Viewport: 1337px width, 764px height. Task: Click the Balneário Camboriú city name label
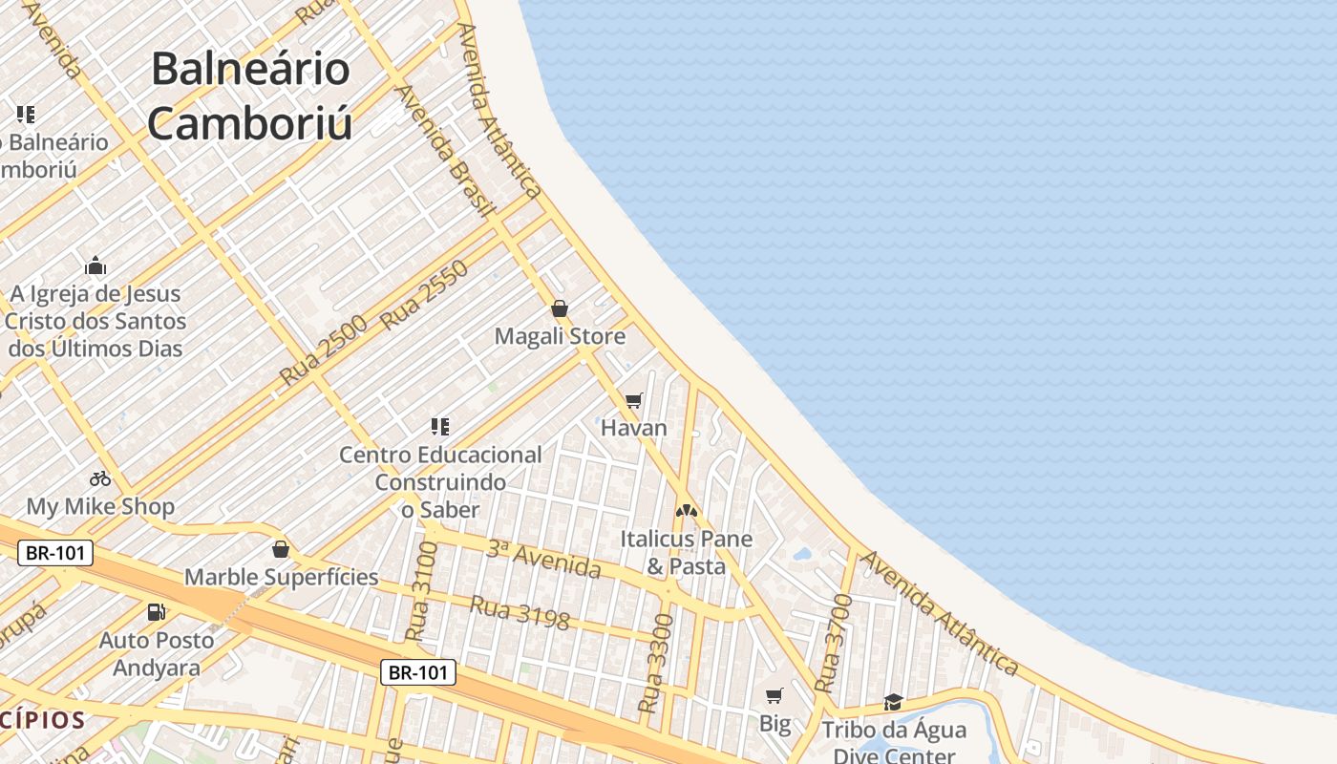[250, 96]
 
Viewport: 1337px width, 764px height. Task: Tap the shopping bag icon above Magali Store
[560, 308]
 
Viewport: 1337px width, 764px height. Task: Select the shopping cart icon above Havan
[634, 400]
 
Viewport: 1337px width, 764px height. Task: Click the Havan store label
[634, 428]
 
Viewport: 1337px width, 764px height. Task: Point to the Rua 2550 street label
[425, 295]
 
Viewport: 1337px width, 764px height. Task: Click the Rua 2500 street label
[324, 351]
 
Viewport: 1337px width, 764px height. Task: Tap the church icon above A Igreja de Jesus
[95, 265]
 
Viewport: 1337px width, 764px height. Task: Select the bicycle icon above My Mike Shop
[100, 478]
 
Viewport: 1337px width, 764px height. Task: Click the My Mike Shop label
[100, 506]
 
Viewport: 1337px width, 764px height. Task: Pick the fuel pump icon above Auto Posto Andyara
[156, 611]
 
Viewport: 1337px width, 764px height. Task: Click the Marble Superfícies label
[282, 577]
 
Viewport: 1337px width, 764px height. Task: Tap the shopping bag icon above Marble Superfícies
[281, 549]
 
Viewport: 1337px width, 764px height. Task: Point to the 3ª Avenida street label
[543, 559]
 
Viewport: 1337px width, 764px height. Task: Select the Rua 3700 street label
[834, 644]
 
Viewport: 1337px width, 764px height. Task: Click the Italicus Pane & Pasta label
[686, 552]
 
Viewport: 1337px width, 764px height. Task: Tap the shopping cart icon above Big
[775, 696]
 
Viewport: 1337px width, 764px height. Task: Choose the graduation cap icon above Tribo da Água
[893, 703]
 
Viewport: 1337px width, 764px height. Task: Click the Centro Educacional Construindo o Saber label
[440, 482]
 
